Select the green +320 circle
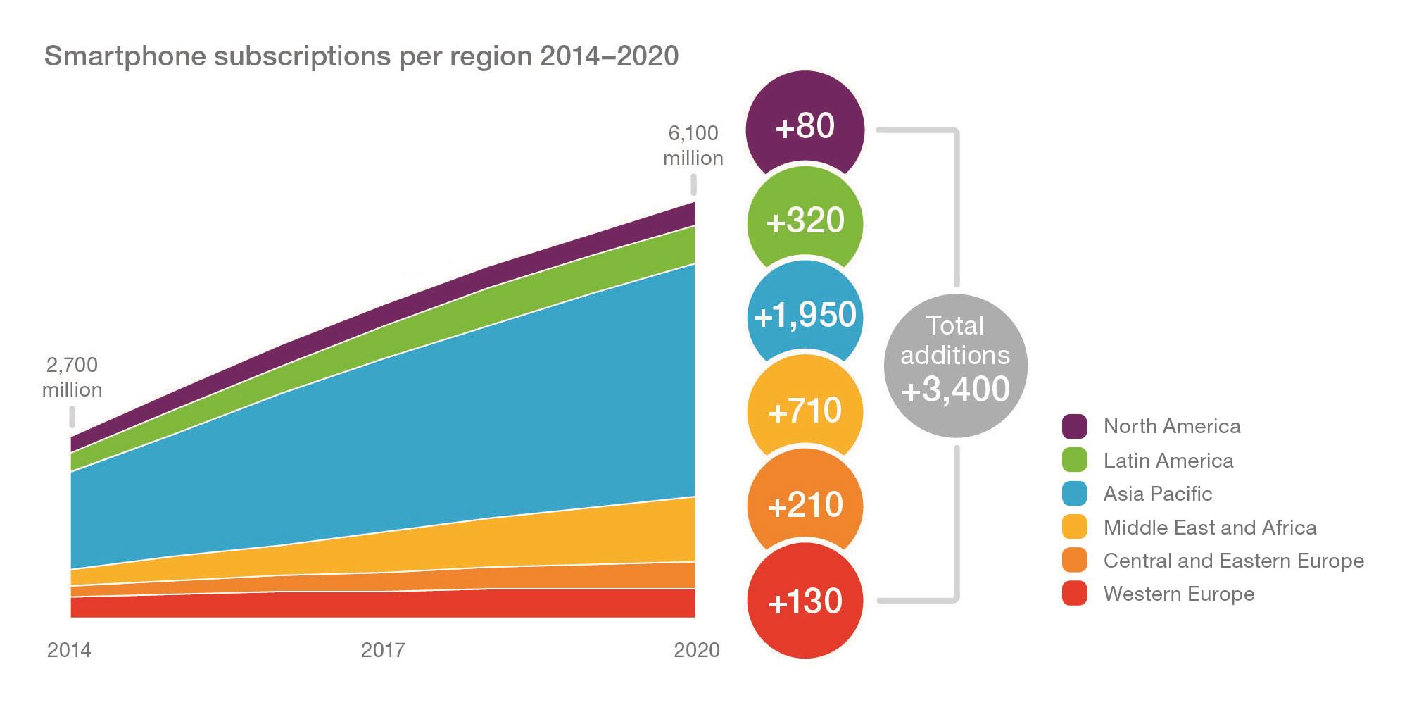tap(805, 221)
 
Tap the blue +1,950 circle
tap(805, 315)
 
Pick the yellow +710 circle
tap(805, 410)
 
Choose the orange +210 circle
tap(805, 505)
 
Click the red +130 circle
tap(805, 601)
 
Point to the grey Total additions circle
tap(955, 365)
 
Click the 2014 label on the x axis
tap(69, 649)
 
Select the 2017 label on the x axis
tap(383, 649)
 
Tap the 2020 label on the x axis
tap(696, 649)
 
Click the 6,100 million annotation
tap(693, 145)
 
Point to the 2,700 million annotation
tap(72, 377)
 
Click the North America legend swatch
tap(1074, 426)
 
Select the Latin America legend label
tap(1168, 461)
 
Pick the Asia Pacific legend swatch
tap(1074, 494)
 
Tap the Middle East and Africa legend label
tap(1209, 528)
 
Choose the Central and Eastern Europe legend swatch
tap(1074, 561)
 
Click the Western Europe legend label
tap(1178, 594)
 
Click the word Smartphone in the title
tap(125, 56)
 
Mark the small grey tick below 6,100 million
tap(693, 185)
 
